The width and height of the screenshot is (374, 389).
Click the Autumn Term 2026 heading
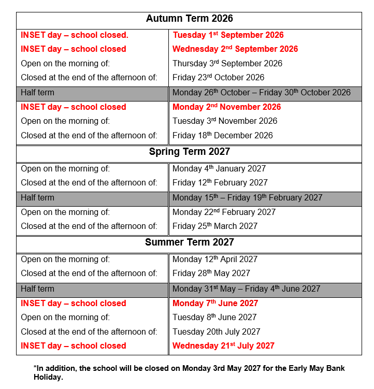click(x=189, y=19)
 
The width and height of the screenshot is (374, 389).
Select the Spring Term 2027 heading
click(x=189, y=152)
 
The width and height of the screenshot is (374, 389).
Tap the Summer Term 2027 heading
click(x=189, y=242)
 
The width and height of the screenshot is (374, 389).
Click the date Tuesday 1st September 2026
click(x=228, y=35)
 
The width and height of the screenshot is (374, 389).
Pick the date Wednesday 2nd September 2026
click(x=235, y=49)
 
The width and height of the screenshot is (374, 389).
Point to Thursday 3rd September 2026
click(x=227, y=63)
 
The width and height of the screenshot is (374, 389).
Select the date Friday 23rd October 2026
click(x=218, y=78)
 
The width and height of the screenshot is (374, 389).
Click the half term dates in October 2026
click(x=262, y=93)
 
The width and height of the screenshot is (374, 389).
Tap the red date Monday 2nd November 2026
click(x=226, y=107)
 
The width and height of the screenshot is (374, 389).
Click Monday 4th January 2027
click(x=219, y=168)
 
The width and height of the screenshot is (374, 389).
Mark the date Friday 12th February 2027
click(x=220, y=183)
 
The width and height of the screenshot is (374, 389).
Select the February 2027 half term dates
click(x=247, y=198)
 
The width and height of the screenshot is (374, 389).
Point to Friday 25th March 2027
click(x=215, y=226)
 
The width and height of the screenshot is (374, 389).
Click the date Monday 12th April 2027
click(x=215, y=259)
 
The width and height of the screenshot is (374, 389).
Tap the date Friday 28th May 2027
click(x=211, y=273)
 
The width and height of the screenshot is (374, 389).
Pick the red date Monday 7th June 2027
click(x=215, y=304)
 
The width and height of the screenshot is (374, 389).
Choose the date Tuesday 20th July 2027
click(x=216, y=332)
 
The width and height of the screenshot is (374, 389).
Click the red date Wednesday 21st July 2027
click(x=223, y=346)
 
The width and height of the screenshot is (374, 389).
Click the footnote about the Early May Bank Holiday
click(x=189, y=372)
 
